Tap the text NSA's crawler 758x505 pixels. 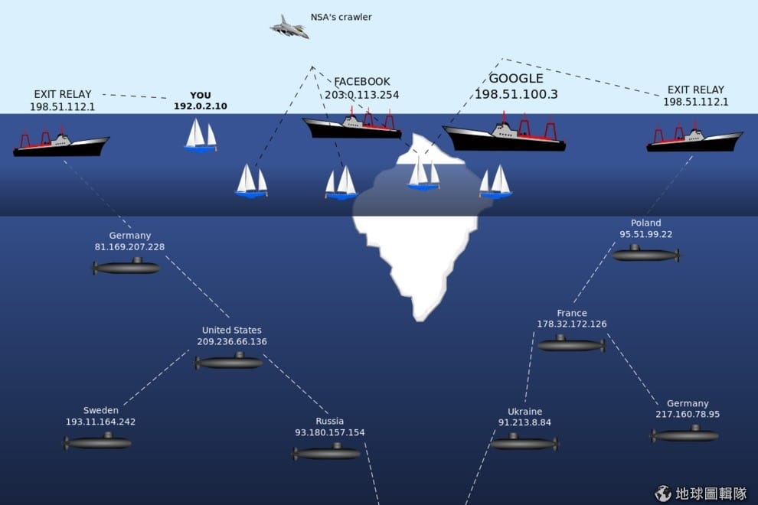pos(341,17)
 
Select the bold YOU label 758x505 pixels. pos(200,95)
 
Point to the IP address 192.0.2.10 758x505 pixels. pos(200,106)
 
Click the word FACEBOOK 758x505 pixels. pos(361,82)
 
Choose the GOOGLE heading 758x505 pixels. pos(516,78)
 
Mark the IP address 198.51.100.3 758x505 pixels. pos(516,94)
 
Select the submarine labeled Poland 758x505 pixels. pos(646,254)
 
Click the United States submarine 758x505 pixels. pos(229,361)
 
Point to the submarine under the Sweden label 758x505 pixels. pos(97,441)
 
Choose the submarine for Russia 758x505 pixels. pos(326,453)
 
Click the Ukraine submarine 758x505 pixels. pos(524,442)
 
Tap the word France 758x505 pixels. pos(571,313)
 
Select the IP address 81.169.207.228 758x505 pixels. pos(129,247)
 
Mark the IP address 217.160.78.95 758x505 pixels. pos(688,414)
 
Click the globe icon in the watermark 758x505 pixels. pos(663,494)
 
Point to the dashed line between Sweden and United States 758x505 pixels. pos(156,378)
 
